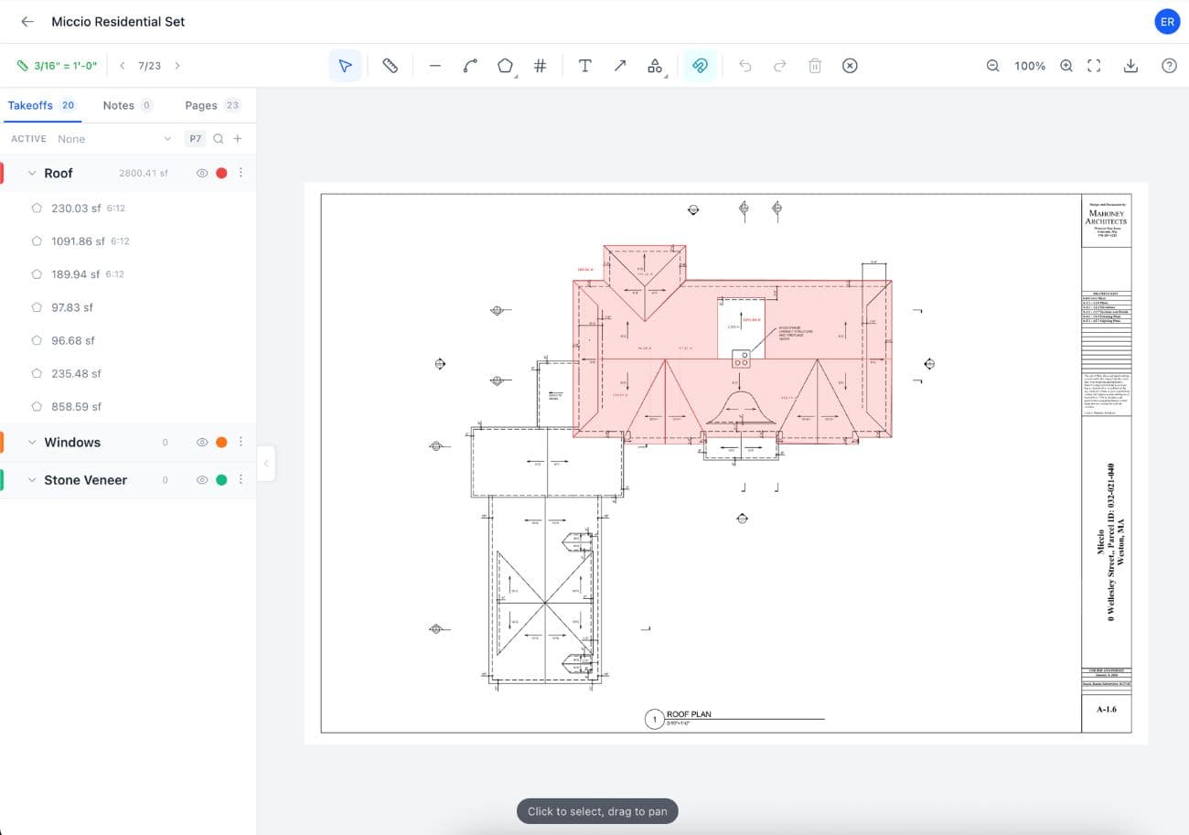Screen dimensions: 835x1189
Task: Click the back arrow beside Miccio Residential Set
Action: (x=27, y=21)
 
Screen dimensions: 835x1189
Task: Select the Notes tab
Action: (x=118, y=105)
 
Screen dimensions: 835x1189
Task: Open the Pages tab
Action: (x=201, y=105)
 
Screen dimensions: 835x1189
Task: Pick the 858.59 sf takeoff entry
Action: (x=76, y=406)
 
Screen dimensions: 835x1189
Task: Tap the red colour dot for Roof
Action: (x=221, y=173)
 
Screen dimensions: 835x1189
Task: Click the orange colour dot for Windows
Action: (x=221, y=442)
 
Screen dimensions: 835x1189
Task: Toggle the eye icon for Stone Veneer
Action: (x=202, y=480)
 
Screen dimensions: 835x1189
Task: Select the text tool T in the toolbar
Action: (x=584, y=66)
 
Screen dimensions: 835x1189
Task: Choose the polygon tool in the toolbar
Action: (x=505, y=66)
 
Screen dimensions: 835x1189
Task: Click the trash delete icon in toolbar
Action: (x=815, y=66)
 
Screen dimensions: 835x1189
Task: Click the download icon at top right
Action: (x=1130, y=66)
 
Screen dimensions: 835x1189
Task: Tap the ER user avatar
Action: (x=1167, y=21)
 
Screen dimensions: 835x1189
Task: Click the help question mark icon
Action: (x=1169, y=66)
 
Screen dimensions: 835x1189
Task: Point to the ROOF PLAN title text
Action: (x=689, y=714)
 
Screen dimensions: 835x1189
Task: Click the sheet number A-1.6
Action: (x=1106, y=709)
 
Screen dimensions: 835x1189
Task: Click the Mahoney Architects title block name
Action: (x=1106, y=217)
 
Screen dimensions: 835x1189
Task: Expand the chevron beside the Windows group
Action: (x=32, y=443)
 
